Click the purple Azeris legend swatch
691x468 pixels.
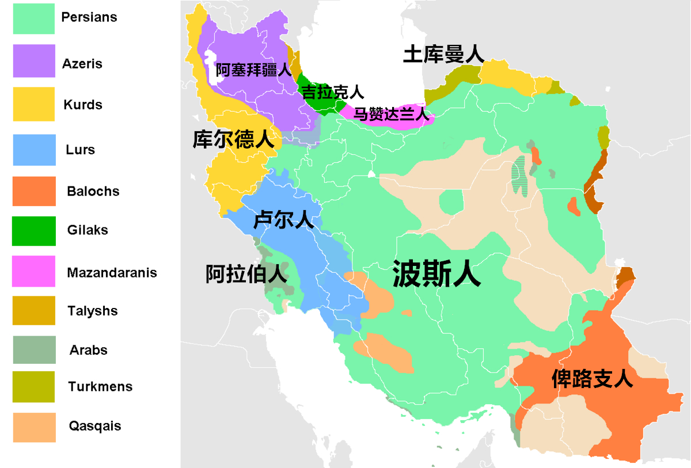click(x=34, y=61)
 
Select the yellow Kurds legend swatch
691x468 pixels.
click(x=34, y=104)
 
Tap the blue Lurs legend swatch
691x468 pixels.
click(x=34, y=150)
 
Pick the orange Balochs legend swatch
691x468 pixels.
click(x=34, y=191)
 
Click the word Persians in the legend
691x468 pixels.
click(x=89, y=17)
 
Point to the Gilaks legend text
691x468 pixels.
click(x=88, y=230)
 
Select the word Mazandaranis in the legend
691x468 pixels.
click(x=112, y=272)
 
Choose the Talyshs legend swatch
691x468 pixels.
click(x=34, y=311)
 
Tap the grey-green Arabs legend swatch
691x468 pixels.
click(x=34, y=350)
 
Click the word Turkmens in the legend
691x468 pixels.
click(x=100, y=387)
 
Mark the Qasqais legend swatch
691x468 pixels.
click(x=34, y=427)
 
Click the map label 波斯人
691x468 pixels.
click(x=436, y=273)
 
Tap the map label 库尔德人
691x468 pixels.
click(x=233, y=139)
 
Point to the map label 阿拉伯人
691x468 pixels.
click(x=246, y=275)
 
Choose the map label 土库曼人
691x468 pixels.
click(x=443, y=55)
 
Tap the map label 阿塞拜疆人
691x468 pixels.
click(x=254, y=70)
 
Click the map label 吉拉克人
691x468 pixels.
click(x=333, y=92)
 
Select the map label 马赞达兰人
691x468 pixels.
click(x=392, y=114)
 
